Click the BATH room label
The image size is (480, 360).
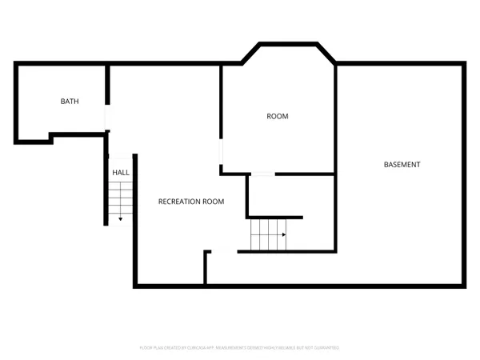click(x=70, y=102)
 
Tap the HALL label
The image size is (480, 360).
click(x=121, y=172)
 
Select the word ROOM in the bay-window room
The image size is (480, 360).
click(x=277, y=117)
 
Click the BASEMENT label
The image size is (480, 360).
click(x=402, y=165)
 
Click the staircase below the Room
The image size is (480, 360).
click(x=268, y=235)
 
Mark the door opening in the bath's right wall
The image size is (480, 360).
click(x=106, y=118)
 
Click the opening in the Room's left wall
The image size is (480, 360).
click(x=222, y=153)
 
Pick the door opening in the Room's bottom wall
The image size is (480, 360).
click(x=262, y=174)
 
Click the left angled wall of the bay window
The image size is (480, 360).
click(x=250, y=53)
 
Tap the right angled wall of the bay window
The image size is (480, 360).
click(x=326, y=53)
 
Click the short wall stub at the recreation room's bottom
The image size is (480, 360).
click(x=206, y=267)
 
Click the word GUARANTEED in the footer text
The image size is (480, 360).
click(x=324, y=348)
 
